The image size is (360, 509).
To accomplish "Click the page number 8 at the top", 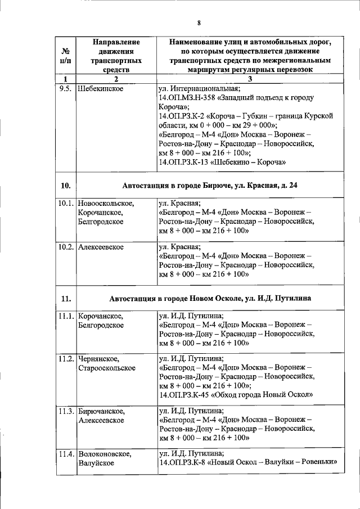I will (x=199, y=23).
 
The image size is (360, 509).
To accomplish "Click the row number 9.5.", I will (x=65, y=88).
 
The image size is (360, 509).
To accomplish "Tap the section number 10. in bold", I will (x=65, y=186).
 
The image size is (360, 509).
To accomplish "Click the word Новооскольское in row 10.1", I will (x=106, y=204).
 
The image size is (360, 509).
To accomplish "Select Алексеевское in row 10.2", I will (x=101, y=247).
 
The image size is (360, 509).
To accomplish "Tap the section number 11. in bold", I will (x=65, y=298).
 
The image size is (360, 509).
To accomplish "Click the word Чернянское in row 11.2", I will (x=100, y=358).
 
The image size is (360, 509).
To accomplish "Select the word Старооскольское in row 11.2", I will (x=107, y=368).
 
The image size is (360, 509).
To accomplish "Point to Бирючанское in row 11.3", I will (x=102, y=411).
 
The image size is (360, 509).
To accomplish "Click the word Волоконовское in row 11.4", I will (x=105, y=454).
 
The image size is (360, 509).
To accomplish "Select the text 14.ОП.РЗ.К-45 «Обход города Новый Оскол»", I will (x=236, y=394).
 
